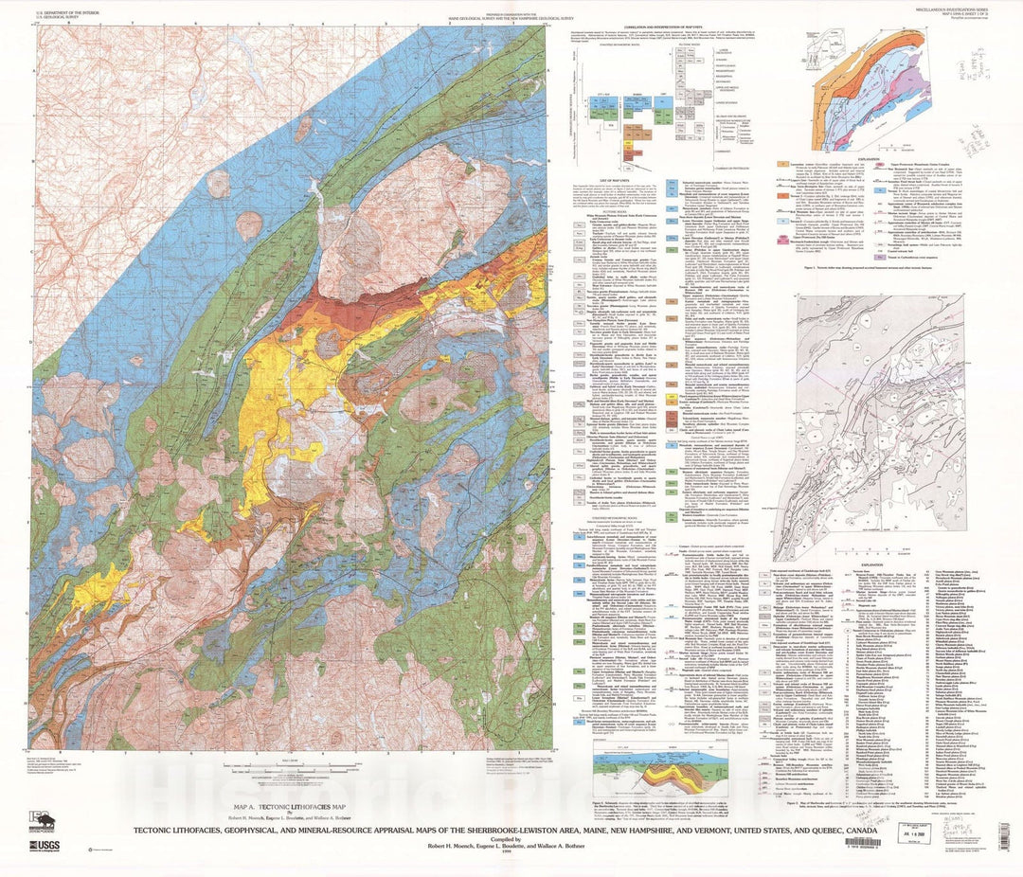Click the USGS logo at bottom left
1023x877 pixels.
point(47,847)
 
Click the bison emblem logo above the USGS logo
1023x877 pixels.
point(41,821)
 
